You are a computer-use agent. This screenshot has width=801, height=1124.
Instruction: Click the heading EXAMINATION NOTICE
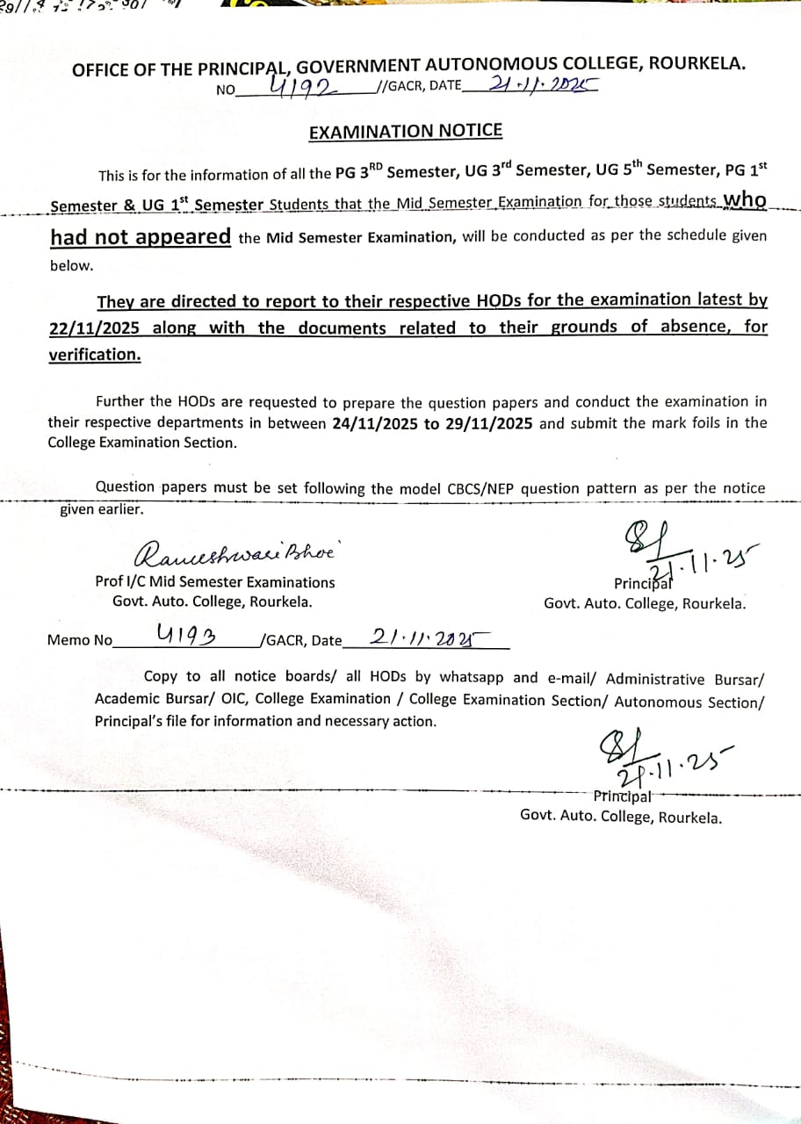[406, 132]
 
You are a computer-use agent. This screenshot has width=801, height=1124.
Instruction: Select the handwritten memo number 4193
[187, 634]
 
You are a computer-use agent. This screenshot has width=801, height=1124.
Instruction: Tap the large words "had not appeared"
[141, 237]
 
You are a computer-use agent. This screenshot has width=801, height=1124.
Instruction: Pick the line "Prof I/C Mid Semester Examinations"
[215, 582]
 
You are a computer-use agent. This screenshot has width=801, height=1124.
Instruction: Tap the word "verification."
[94, 355]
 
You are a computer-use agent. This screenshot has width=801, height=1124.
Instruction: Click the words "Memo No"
[80, 640]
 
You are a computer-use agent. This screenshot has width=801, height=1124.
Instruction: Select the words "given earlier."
[101, 508]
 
